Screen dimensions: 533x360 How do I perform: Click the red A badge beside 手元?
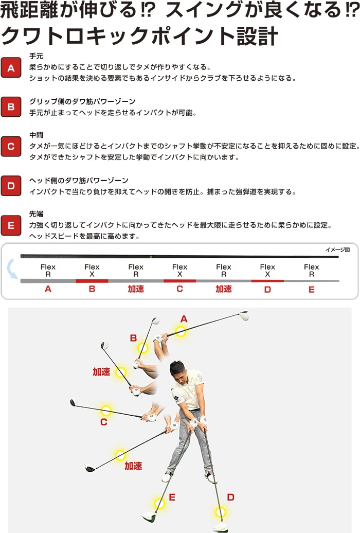(x=11, y=67)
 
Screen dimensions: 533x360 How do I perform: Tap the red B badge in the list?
(x=11, y=107)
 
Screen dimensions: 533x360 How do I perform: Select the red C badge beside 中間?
(x=11, y=146)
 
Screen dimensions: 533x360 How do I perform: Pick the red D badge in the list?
(x=11, y=186)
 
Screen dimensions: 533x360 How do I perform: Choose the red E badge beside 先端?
(x=11, y=225)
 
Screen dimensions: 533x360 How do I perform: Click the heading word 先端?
(x=36, y=214)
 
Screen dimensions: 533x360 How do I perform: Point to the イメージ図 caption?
(x=337, y=250)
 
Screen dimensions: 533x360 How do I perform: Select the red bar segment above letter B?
(x=92, y=280)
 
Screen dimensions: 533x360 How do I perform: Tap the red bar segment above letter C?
(x=179, y=280)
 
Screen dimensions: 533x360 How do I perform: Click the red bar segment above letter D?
(x=267, y=280)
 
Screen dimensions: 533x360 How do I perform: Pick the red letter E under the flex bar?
(x=311, y=290)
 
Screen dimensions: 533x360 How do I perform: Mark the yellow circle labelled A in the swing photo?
(x=181, y=331)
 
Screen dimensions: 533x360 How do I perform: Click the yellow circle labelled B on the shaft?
(x=142, y=348)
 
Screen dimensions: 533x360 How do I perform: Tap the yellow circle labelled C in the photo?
(x=106, y=411)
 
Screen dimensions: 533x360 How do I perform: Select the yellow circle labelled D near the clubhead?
(x=221, y=512)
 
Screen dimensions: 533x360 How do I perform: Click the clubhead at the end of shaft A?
(x=243, y=315)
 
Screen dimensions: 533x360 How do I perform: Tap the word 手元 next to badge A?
(x=36, y=57)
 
